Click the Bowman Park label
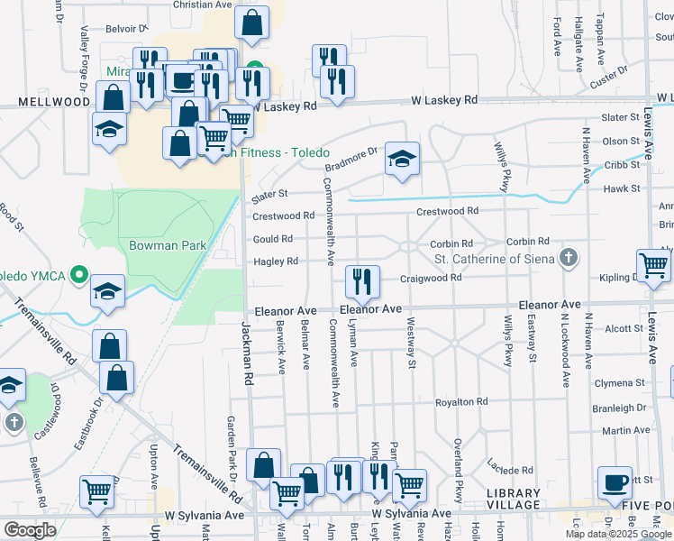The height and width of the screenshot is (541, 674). click(168, 245)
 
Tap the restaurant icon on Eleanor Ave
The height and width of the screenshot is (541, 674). click(362, 282)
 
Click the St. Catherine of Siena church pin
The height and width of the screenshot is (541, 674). click(569, 260)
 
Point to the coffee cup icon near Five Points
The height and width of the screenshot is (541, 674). click(616, 483)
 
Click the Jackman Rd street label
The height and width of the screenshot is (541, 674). click(245, 351)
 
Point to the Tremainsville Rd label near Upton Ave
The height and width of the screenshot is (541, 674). click(208, 472)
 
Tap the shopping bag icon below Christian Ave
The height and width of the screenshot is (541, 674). click(253, 23)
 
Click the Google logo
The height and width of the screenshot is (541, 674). click(30, 530)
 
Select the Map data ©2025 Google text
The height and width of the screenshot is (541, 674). click(617, 534)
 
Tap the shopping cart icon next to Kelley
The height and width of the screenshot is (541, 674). click(96, 491)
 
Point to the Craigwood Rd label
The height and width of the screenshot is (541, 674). click(431, 279)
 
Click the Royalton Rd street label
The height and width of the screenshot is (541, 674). click(461, 402)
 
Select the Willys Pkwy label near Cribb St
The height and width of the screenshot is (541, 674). click(503, 164)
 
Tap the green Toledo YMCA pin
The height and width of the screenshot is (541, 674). click(77, 274)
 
